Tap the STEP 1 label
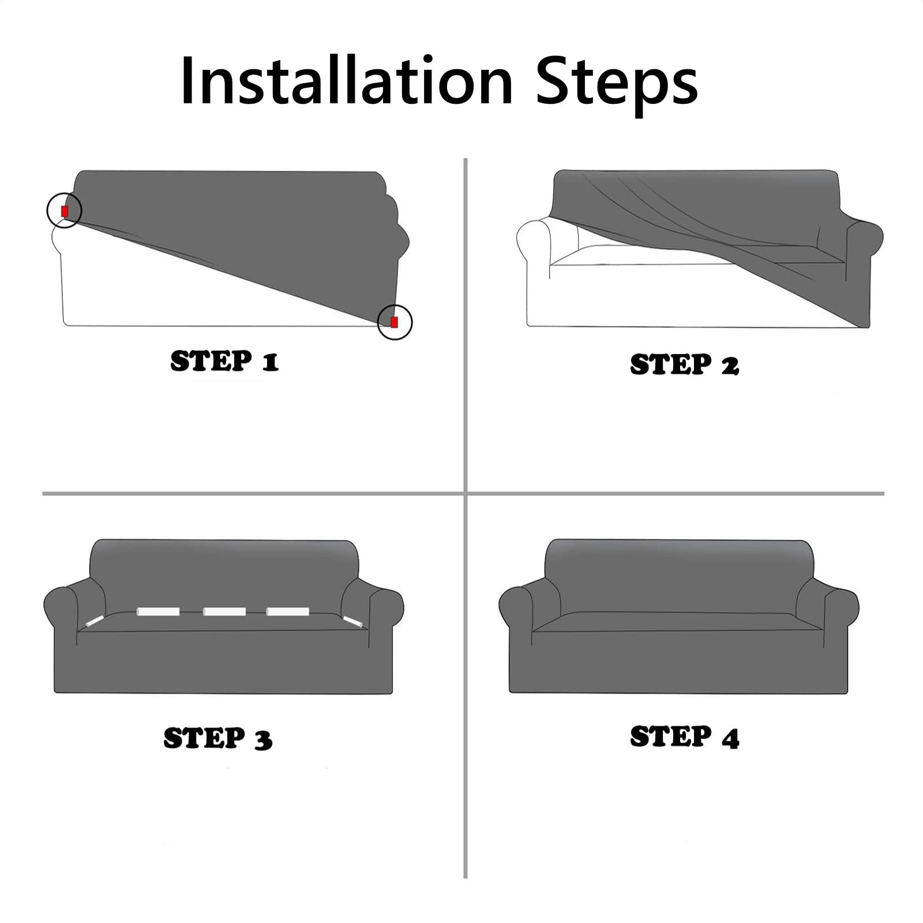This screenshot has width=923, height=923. click(224, 361)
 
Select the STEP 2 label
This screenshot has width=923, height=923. click(684, 365)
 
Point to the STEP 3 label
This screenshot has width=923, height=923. click(218, 738)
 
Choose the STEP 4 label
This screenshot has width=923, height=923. click(684, 737)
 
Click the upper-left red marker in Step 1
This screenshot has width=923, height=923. click(65, 211)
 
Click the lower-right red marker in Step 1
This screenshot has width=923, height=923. click(394, 322)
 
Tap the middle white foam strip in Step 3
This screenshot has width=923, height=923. click(224, 611)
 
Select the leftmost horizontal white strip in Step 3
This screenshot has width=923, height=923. click(158, 611)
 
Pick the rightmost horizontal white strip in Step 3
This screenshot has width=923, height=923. click(288, 611)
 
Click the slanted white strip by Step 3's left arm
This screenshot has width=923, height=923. click(94, 621)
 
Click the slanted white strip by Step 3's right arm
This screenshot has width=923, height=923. click(352, 621)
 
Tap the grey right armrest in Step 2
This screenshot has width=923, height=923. click(864, 254)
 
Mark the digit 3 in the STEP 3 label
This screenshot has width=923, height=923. click(263, 739)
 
